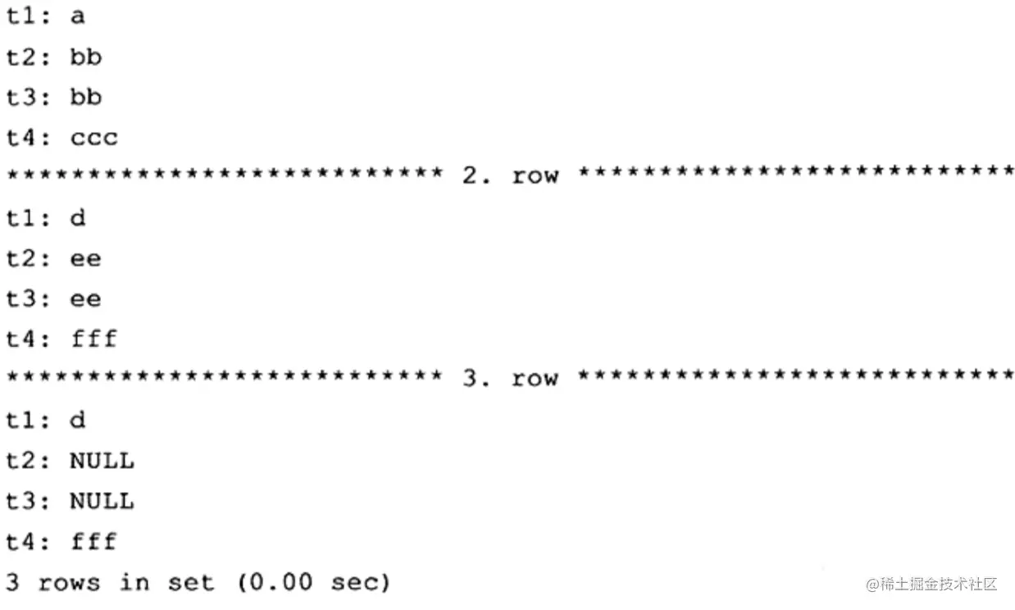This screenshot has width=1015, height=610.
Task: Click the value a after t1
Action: [x=78, y=17]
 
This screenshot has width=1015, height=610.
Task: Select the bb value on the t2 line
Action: [x=86, y=57]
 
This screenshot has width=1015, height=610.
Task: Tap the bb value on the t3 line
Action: [x=86, y=97]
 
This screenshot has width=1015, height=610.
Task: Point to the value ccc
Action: [x=94, y=139]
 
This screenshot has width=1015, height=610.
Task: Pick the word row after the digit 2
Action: [x=535, y=176]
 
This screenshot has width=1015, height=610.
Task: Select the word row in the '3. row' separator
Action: [x=535, y=380]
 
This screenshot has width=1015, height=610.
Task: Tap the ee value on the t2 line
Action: [x=86, y=259]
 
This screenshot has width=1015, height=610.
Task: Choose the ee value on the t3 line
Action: [x=86, y=299]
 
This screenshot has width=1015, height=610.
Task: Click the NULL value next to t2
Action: [x=102, y=461]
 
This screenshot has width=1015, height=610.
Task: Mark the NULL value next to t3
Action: [x=102, y=501]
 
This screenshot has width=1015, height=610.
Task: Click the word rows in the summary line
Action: [x=69, y=583]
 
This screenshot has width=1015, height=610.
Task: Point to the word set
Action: [x=190, y=583]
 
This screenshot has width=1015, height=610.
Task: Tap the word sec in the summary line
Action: [x=355, y=583]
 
